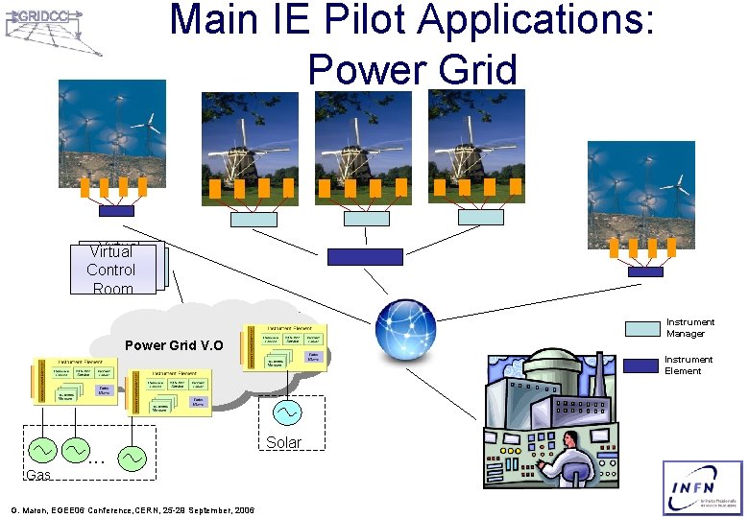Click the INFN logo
point(702,487)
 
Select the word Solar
point(283,442)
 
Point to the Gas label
point(38,475)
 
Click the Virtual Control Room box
point(112,269)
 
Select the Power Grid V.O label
point(174,345)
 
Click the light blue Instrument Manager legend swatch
point(642,328)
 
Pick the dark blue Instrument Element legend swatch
point(642,365)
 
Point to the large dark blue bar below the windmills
point(365,256)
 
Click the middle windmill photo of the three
point(364,135)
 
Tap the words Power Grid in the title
point(412,70)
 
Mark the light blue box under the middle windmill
point(367,219)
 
